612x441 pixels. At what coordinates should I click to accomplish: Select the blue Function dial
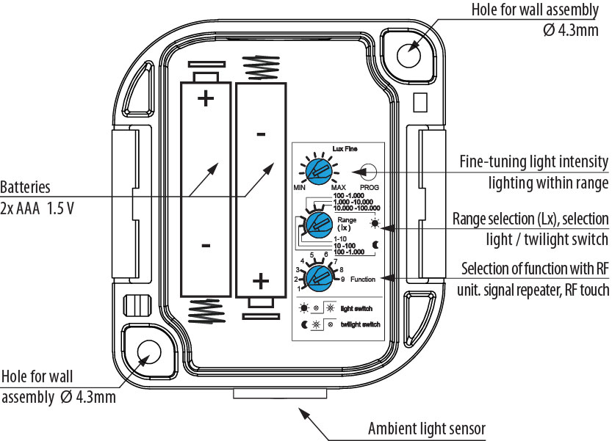(x=320, y=277)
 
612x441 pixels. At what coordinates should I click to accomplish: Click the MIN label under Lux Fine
(x=299, y=188)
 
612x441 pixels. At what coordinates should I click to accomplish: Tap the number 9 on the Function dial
(x=342, y=280)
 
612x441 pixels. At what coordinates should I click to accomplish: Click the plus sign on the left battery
(x=205, y=98)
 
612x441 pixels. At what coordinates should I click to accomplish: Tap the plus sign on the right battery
(x=261, y=280)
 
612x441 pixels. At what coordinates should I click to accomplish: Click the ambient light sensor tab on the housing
(x=279, y=393)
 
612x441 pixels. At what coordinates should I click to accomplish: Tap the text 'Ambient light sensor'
(x=427, y=429)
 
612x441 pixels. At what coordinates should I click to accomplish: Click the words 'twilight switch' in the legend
(x=361, y=324)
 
